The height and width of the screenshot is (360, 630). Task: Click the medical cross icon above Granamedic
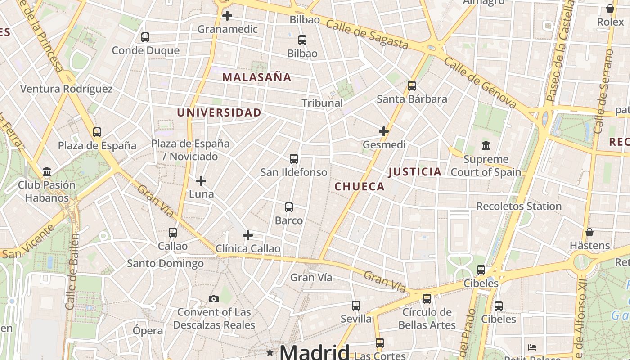(227, 16)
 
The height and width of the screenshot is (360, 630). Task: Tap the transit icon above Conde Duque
(145, 37)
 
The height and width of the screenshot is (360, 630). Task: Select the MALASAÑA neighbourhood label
(257, 77)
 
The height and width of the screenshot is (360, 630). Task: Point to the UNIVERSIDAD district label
(219, 113)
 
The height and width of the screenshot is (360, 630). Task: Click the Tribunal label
(322, 103)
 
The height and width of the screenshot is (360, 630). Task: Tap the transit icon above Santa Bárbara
(411, 86)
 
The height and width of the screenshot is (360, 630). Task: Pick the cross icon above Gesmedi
(384, 131)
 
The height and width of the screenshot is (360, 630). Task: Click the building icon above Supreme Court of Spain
(486, 146)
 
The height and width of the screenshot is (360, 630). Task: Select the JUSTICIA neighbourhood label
(414, 172)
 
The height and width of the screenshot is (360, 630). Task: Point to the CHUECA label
(360, 187)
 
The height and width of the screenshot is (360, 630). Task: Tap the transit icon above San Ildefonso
(294, 159)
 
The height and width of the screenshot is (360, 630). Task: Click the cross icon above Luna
(201, 181)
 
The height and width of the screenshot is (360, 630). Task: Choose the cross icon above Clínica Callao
(248, 235)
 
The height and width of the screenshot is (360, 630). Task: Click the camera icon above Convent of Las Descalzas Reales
(214, 299)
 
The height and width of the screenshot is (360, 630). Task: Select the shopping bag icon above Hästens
(589, 232)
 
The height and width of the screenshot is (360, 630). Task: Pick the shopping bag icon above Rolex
(610, 9)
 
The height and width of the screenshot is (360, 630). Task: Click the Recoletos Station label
(519, 207)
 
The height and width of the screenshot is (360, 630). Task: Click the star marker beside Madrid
(270, 352)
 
